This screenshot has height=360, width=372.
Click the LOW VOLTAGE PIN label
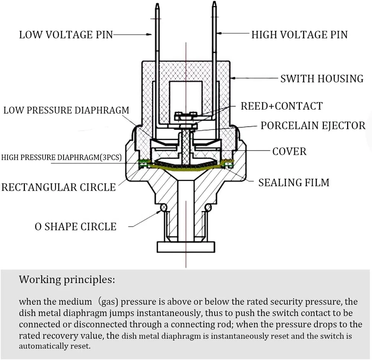tap(66, 35)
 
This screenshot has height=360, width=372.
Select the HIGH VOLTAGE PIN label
tap(299, 35)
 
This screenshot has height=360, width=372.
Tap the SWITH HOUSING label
tap(322, 79)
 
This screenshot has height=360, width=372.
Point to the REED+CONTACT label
tap(281, 106)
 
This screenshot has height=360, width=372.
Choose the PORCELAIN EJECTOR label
tap(313, 126)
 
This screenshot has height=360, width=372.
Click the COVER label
tap(289, 151)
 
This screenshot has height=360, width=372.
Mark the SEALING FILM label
tap(294, 182)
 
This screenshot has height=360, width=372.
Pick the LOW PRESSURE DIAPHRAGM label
tap(66, 110)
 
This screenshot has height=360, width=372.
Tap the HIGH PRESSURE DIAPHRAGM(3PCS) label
tap(61, 157)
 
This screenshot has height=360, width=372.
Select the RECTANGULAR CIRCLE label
tap(58, 187)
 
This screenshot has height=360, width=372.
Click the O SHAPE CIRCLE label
tap(76, 227)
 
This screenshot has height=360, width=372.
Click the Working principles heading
tap(67, 279)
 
